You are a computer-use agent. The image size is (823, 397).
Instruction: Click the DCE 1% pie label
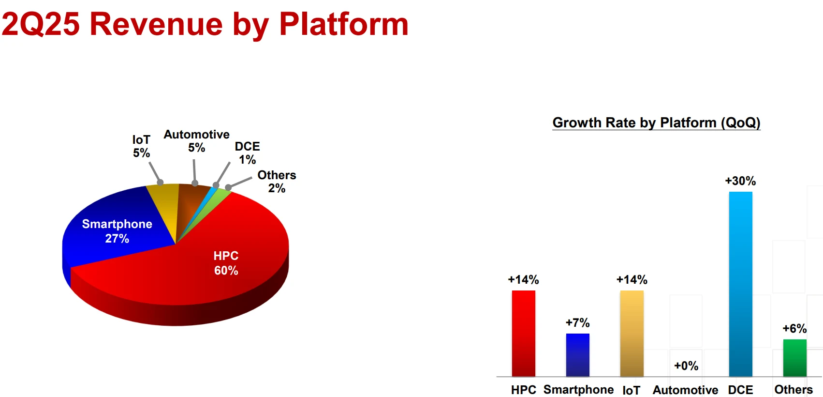tap(247, 153)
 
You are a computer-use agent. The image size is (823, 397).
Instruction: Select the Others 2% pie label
tap(277, 182)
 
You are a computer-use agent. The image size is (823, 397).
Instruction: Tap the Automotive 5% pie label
tap(197, 141)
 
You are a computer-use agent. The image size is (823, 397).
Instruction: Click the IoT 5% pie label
tap(142, 146)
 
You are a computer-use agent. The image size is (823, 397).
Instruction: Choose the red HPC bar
tap(524, 334)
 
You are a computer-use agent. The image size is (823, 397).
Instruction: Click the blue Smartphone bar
tap(577, 355)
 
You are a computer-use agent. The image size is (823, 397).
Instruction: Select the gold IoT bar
tap(632, 334)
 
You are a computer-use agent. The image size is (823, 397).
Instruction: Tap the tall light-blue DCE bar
tap(741, 284)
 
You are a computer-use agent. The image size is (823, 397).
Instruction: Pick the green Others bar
tap(794, 358)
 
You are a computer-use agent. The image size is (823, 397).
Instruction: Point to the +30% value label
tap(740, 181)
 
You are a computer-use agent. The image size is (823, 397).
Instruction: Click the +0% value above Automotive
tap(686, 366)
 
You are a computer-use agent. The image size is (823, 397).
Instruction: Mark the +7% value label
tap(577, 322)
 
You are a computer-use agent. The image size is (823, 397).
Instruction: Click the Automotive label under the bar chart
tap(685, 390)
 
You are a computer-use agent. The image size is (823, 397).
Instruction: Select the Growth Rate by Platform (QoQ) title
tap(656, 122)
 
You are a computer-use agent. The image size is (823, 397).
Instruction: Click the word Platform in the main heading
tap(343, 24)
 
